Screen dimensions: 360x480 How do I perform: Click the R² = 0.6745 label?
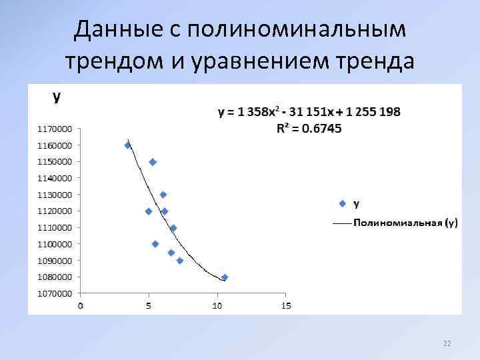[309, 129]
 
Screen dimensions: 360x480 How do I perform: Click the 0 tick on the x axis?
[81, 306]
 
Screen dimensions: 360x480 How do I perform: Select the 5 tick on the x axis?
[149, 306]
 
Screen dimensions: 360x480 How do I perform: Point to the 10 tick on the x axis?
[217, 306]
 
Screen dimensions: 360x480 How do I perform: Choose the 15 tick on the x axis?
[286, 306]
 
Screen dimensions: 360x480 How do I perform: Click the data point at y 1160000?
[128, 145]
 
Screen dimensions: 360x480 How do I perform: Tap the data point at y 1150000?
[153, 162]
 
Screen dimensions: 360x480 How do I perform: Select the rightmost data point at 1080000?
[225, 277]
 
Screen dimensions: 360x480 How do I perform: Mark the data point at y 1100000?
[155, 244]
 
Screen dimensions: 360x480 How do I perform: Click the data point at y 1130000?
[163, 195]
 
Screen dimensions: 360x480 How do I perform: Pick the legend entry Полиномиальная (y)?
[405, 223]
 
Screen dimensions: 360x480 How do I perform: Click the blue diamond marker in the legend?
[343, 203]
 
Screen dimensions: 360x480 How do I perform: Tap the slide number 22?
[447, 343]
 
